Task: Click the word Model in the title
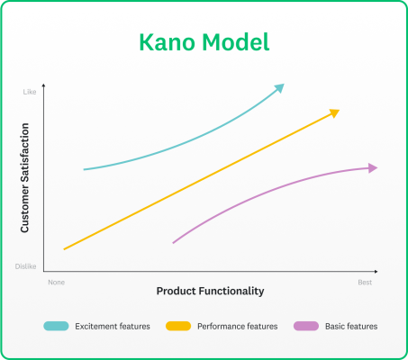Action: tap(236, 42)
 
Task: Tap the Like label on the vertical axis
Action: tap(29, 91)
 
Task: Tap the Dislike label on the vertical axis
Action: tap(25, 265)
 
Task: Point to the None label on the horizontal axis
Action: tap(57, 283)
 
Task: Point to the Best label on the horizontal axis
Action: tap(365, 283)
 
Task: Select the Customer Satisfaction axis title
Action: tap(25, 178)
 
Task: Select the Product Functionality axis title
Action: tap(210, 291)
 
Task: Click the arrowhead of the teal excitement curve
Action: tap(280, 86)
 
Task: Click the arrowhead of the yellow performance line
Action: tap(335, 112)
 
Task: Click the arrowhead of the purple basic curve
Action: tap(372, 167)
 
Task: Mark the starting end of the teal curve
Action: tap(84, 169)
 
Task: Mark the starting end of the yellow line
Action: tap(64, 248)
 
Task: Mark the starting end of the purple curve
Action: tap(173, 242)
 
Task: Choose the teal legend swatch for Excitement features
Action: tap(56, 326)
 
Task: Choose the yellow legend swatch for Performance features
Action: tap(177, 326)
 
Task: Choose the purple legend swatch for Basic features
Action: tap(306, 326)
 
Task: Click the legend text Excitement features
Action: tap(112, 326)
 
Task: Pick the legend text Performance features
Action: tap(238, 326)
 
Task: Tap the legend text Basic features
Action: tap(351, 326)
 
